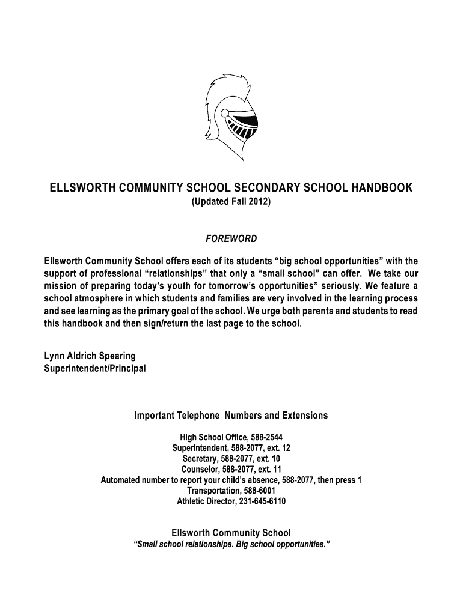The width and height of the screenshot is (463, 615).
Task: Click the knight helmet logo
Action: click(231, 117)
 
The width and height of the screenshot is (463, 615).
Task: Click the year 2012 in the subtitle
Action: click(260, 203)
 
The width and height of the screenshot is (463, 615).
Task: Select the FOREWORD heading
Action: click(231, 239)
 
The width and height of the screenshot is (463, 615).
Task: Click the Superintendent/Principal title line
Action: click(95, 368)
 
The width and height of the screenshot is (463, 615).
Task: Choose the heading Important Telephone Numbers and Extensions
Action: click(231, 416)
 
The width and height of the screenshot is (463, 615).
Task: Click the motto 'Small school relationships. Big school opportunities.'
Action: click(231, 545)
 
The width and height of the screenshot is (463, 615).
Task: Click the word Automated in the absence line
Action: click(121, 480)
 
